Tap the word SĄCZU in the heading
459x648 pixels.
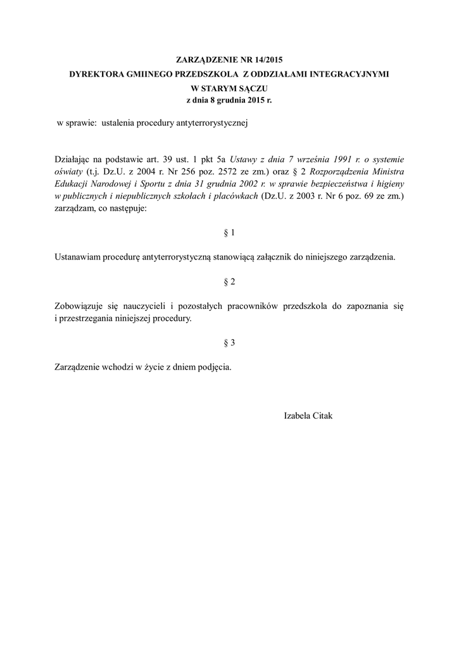coord(261,88)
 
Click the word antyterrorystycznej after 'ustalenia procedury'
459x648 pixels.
coord(210,123)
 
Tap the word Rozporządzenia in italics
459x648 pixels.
coord(337,171)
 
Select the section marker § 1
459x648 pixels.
coord(229,233)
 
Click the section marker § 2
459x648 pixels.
coord(229,280)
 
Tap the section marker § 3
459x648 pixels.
coord(229,342)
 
